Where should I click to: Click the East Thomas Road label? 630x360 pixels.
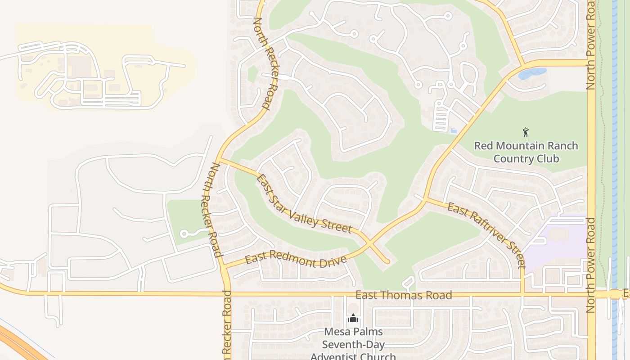click(x=404, y=295)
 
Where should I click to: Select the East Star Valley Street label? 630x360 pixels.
click(x=303, y=204)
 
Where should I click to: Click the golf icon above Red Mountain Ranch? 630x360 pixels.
click(x=526, y=132)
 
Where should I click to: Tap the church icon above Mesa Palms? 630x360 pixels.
click(x=353, y=319)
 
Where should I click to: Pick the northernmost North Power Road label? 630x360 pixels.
click(x=591, y=45)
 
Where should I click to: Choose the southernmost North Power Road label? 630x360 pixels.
click(x=591, y=265)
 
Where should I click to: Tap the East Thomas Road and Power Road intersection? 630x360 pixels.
click(x=591, y=294)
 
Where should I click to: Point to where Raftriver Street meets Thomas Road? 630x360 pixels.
click(x=523, y=294)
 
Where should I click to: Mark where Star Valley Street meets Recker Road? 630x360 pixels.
click(x=218, y=159)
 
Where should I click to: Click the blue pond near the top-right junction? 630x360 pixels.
click(x=532, y=73)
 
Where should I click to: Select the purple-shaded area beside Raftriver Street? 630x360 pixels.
click(x=558, y=243)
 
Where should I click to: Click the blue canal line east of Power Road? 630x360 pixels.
click(x=614, y=180)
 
